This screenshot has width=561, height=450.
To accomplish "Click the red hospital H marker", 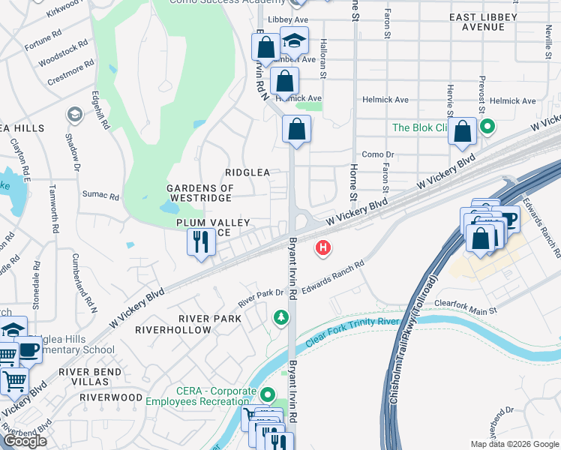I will coord(323,247).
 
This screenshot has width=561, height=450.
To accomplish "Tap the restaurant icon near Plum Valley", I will coord(200,242).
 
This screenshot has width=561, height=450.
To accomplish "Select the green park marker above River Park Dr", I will coord(281,318).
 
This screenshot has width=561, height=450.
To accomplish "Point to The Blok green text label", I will coord(420,127).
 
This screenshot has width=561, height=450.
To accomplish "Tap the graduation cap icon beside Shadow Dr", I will coord(74,114).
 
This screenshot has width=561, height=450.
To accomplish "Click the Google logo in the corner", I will coord(25,441).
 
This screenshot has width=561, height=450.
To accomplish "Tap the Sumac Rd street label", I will coord(104,196).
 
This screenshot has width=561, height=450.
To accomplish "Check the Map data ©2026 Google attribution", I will coord(514,444).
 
